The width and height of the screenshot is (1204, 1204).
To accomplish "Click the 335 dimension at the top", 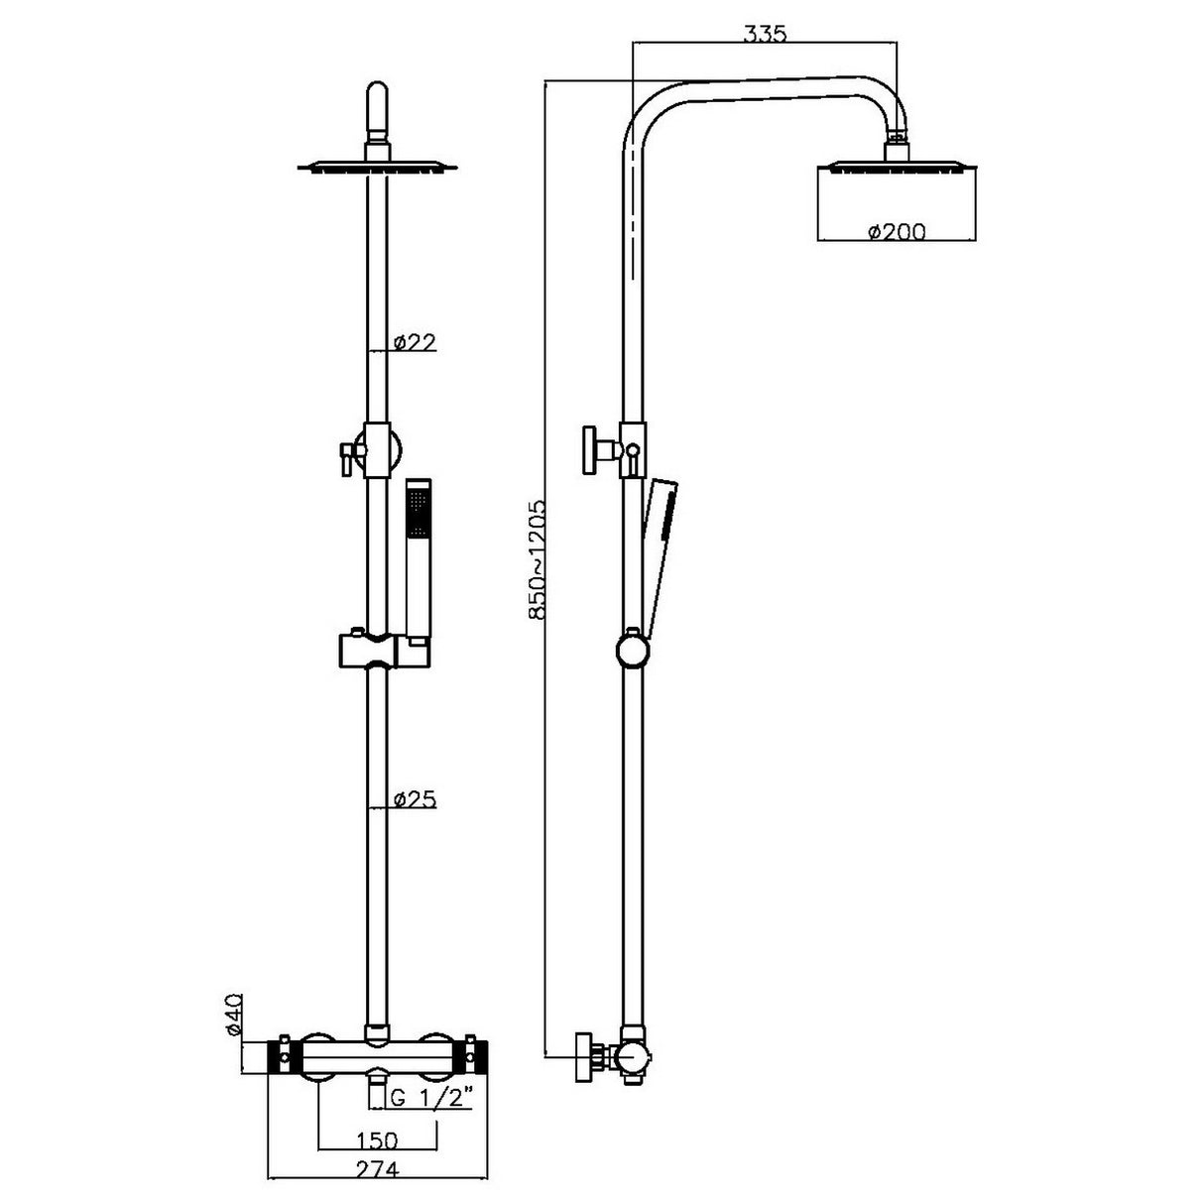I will (x=765, y=33).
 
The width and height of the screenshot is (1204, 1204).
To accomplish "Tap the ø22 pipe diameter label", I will (x=415, y=342).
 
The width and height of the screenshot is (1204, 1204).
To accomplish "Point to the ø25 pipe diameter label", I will (x=415, y=798).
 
